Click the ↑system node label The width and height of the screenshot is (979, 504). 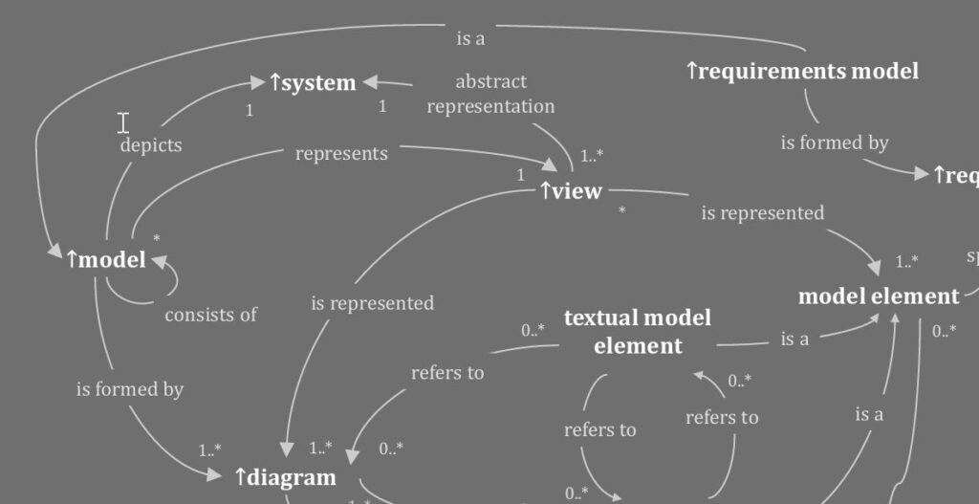[x=313, y=83]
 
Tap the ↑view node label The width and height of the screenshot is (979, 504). [x=571, y=191]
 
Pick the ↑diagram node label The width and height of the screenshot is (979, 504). [x=285, y=476]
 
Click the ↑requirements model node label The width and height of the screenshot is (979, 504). [x=802, y=71]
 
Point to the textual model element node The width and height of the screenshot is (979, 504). [x=638, y=331]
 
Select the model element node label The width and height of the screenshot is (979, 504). [x=878, y=296]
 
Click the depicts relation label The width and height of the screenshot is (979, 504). [x=150, y=145]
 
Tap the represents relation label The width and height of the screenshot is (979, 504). [x=341, y=153]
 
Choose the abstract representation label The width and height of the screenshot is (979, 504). [x=490, y=94]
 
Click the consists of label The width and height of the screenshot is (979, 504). [x=210, y=315]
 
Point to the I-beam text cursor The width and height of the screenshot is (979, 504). [x=123, y=121]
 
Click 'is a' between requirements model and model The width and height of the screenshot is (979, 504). [x=470, y=39]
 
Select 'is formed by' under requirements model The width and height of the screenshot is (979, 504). [x=834, y=142]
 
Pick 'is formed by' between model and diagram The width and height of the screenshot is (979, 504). [x=129, y=389]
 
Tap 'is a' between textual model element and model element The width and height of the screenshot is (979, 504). [x=794, y=339]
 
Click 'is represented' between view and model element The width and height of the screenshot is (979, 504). [x=762, y=212]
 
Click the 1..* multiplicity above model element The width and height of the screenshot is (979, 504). [x=906, y=261]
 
